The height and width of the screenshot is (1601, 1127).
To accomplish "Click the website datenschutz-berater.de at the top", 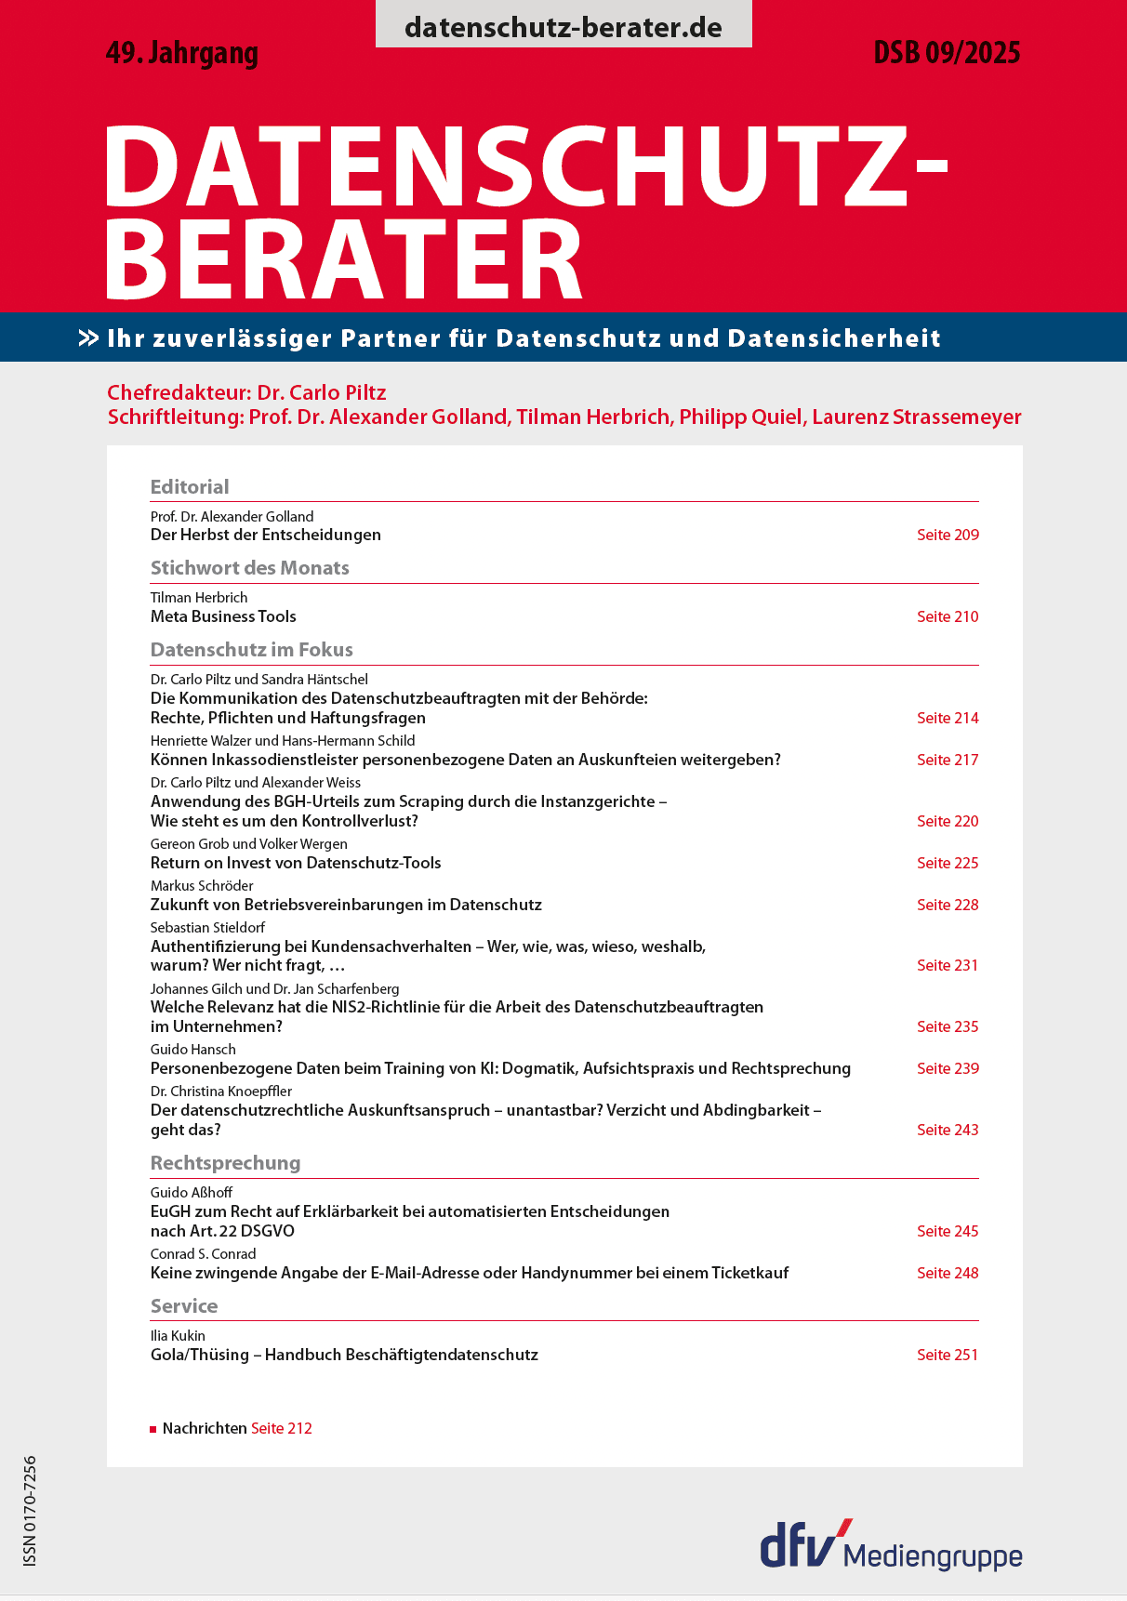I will tap(563, 27).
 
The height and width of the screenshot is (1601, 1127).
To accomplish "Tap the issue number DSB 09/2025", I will tap(947, 53).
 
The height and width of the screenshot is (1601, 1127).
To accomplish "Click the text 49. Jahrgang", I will tap(182, 53).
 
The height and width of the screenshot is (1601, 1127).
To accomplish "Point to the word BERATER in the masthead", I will tap(344, 260).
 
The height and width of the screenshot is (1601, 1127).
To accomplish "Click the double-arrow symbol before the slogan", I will tap(88, 338).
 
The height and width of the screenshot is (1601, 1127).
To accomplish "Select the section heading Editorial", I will tap(190, 486).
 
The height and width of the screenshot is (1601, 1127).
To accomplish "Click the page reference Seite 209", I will tap(948, 535).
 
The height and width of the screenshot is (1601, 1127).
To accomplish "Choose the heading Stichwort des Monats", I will tap(250, 568).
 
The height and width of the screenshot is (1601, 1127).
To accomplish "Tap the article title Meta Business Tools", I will tap(223, 616).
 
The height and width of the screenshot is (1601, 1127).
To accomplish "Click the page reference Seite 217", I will tap(948, 760).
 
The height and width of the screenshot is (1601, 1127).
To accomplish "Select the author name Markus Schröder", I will tap(202, 886).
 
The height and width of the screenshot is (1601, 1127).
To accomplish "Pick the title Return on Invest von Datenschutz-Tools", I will tap(296, 863).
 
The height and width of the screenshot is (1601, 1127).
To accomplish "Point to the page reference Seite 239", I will tap(948, 1068).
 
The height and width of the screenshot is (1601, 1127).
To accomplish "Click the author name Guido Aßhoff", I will tap(192, 1193).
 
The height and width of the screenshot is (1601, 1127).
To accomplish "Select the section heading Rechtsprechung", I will tap(226, 1163).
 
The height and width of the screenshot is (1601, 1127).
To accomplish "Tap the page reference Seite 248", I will tap(948, 1273).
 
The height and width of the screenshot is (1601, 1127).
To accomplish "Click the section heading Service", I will tap(184, 1306).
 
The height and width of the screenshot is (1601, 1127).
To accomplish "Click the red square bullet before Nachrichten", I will tap(153, 1429).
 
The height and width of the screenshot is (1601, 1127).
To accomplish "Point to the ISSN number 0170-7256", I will tap(30, 1511).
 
